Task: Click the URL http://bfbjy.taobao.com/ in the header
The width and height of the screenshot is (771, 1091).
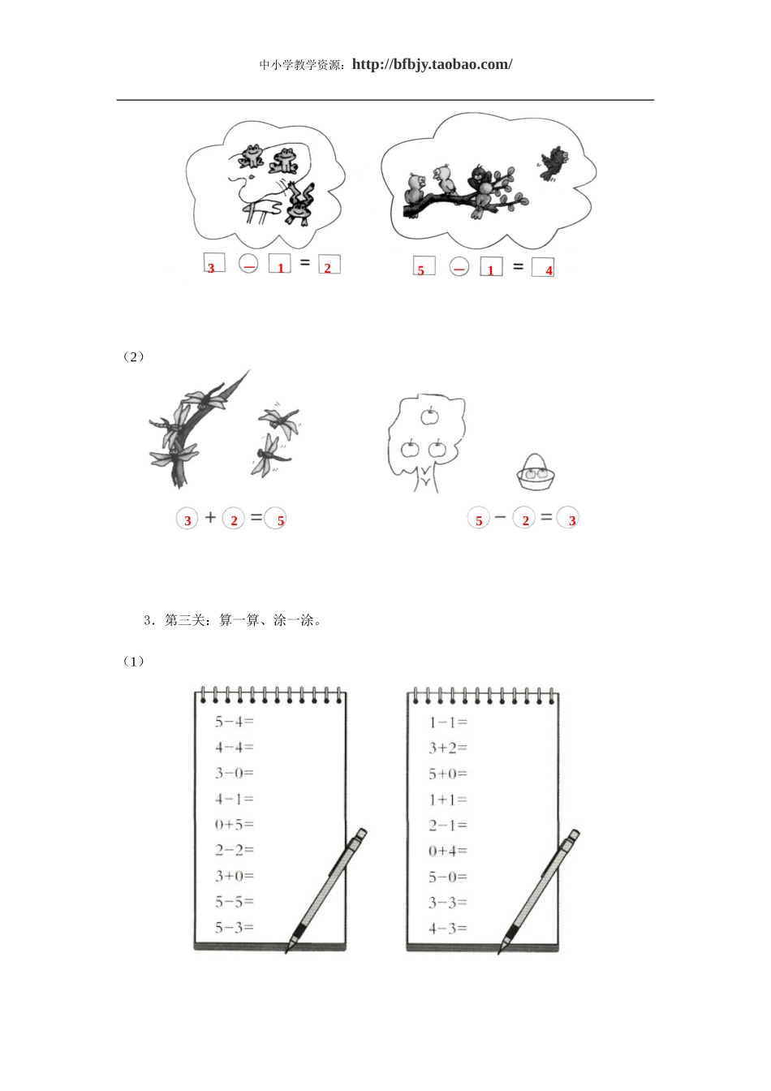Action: click(432, 65)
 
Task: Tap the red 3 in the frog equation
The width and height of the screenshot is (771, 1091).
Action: click(211, 268)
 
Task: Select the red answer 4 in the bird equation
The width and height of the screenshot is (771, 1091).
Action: click(549, 270)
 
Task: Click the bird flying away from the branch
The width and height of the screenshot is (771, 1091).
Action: click(554, 162)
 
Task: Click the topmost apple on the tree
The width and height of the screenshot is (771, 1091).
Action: click(429, 416)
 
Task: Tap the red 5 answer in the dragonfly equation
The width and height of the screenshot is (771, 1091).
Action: click(281, 520)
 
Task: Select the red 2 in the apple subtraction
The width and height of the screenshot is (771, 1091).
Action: click(525, 520)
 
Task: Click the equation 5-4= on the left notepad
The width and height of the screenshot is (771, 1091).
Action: click(234, 722)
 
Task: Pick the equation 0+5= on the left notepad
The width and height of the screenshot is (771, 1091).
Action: click(234, 825)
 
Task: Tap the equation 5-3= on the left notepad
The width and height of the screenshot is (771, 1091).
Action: click(234, 927)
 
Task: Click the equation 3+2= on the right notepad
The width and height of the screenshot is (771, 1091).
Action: click(448, 748)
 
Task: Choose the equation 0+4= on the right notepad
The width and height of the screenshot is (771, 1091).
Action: click(448, 851)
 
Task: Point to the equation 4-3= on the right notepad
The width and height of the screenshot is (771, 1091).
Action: click(448, 928)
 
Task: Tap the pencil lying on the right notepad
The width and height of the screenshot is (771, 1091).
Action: click(540, 889)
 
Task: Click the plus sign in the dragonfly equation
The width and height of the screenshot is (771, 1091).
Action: click(211, 518)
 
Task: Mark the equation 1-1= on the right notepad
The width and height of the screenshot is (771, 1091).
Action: click(448, 722)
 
